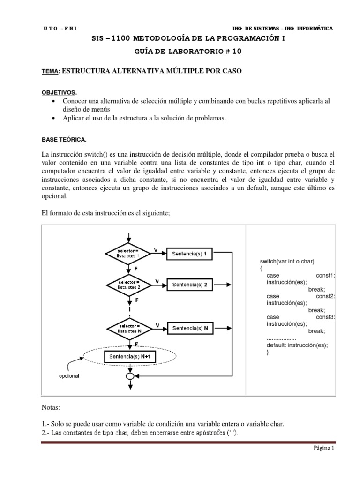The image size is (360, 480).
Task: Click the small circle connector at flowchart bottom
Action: (x=130, y=376)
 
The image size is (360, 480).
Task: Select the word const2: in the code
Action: (x=326, y=296)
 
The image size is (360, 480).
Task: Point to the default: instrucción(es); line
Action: (x=297, y=345)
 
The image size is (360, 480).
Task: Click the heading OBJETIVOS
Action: (x=59, y=92)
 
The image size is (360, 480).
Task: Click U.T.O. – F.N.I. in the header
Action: (x=61, y=29)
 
